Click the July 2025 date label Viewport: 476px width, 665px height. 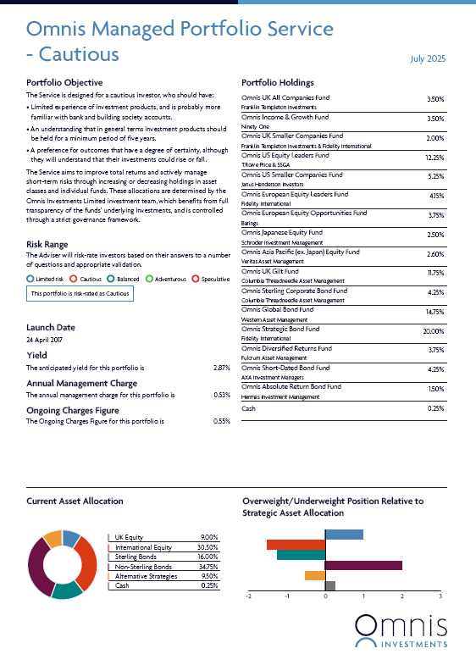428,58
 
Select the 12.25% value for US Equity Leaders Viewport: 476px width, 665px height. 434,158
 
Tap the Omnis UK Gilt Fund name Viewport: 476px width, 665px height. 270,271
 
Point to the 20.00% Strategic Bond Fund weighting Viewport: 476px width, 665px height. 433,331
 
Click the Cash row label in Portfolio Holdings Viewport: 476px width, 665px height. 248,408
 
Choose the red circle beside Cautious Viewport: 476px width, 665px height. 74,279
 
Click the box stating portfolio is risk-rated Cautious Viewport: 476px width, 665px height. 80,293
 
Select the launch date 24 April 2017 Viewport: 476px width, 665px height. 44,340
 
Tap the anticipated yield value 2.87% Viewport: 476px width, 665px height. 222,368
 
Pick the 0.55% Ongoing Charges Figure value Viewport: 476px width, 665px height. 222,421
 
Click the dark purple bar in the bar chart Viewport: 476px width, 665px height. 363,565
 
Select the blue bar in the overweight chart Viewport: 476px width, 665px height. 344,535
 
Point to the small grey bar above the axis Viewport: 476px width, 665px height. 330,585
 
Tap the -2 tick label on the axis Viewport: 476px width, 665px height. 248,596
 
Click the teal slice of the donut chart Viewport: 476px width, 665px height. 67,590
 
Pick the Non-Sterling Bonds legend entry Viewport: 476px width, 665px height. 143,567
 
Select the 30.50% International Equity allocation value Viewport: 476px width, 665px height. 208,547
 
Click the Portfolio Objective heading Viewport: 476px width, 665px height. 64,83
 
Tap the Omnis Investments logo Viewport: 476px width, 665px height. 401,631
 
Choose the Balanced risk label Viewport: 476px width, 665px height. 128,279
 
